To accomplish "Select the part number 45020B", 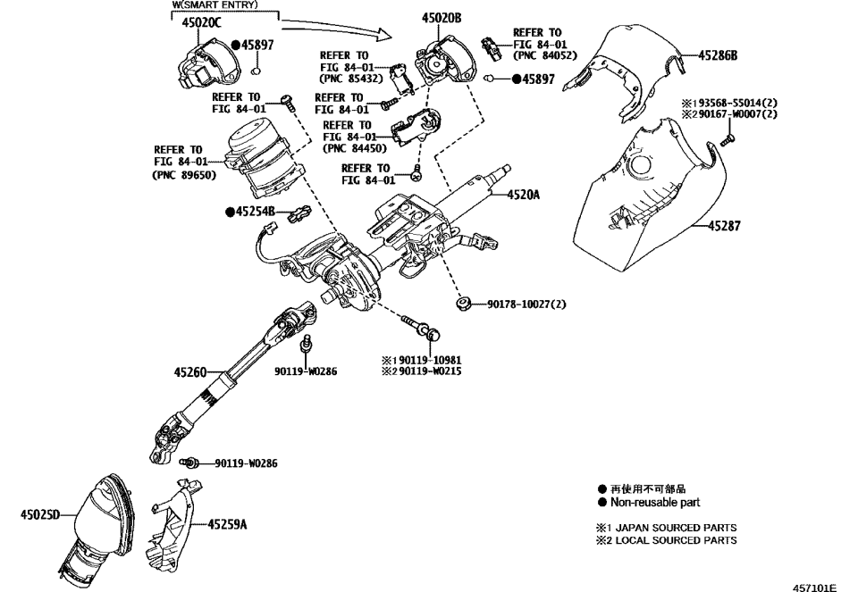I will [x=442, y=18].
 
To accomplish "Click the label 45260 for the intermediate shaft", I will [x=189, y=371].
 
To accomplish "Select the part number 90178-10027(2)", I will [x=526, y=304].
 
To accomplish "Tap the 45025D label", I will [x=39, y=514].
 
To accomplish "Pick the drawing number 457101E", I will [x=814, y=587].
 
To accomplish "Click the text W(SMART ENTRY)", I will [x=214, y=5].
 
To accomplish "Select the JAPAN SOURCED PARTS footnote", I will [x=676, y=528].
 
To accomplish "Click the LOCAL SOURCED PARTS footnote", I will [x=676, y=540].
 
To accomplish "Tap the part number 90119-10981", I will [x=430, y=360].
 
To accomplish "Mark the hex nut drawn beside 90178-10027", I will [x=464, y=304].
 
